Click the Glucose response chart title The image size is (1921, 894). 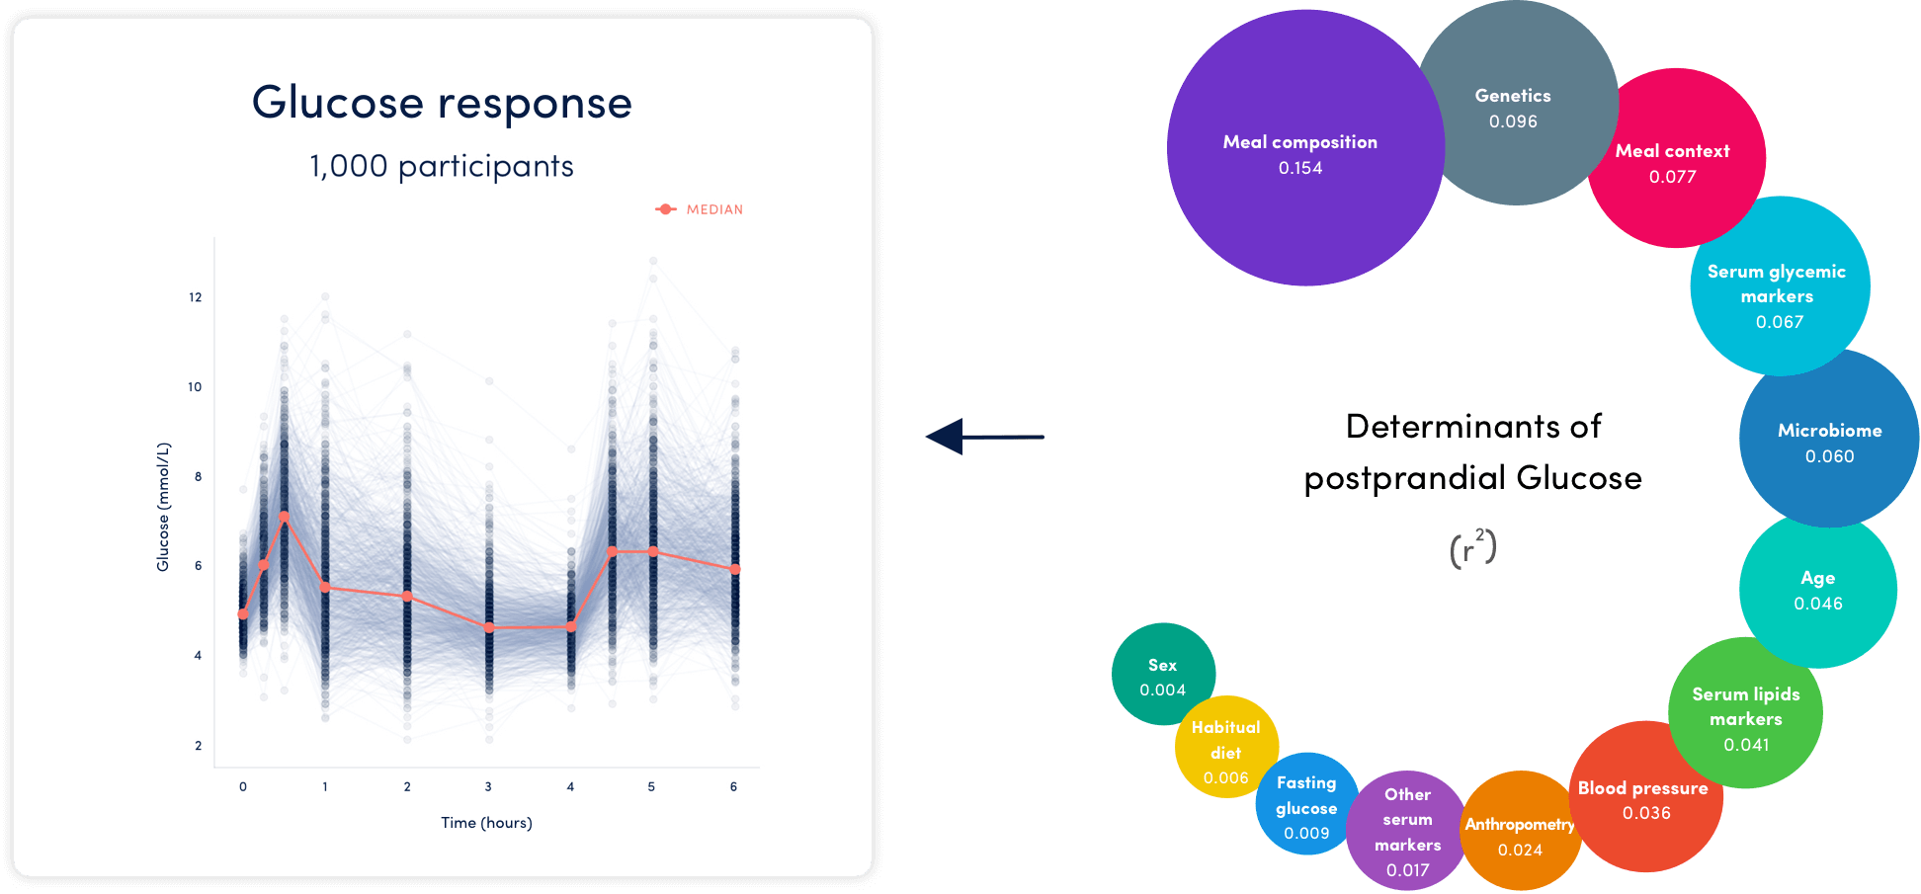pos(442,103)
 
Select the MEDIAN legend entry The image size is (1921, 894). pos(699,209)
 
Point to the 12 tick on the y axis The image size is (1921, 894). pos(196,297)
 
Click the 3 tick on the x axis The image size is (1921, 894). pos(488,787)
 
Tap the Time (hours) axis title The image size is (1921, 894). pos(486,823)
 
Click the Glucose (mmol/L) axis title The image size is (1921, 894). pos(163,507)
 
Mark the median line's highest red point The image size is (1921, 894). pos(285,517)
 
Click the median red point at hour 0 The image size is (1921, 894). pos(243,614)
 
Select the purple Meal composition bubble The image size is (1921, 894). pos(1305,148)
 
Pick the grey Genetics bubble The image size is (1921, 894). pos(1517,103)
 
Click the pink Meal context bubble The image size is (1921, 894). pos(1675,158)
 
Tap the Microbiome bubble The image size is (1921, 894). pos(1829,438)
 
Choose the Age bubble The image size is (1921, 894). pos(1818,590)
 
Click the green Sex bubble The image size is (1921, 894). pos(1164,675)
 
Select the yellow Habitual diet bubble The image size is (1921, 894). pos(1226,747)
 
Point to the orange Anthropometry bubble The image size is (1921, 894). pos(1521,831)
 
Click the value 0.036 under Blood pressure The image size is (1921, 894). pos(1646,813)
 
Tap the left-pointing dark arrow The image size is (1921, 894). pos(984,437)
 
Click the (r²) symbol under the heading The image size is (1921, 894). pos(1472,548)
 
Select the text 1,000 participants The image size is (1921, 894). pos(442,166)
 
